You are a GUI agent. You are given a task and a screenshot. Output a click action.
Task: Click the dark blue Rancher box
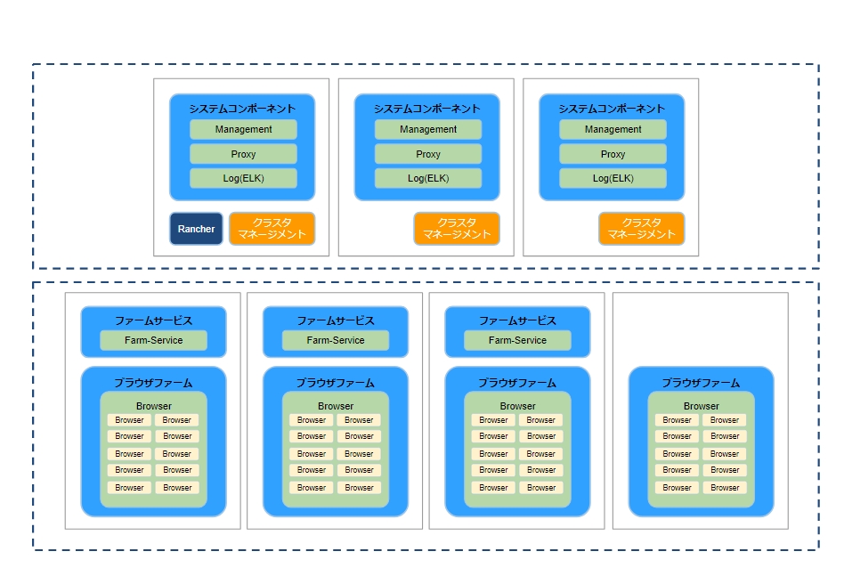point(196,229)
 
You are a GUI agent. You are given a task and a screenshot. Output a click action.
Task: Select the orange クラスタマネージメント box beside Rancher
point(272,229)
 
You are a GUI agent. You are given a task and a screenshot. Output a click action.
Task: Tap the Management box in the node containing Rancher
point(243,129)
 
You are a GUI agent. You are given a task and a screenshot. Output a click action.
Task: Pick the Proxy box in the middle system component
point(428,154)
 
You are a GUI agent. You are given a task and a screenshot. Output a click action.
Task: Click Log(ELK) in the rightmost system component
point(613,178)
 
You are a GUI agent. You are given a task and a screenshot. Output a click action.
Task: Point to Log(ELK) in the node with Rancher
point(243,178)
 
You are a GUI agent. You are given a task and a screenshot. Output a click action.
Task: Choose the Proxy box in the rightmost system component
point(613,154)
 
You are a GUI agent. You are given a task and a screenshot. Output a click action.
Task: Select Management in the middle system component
point(428,129)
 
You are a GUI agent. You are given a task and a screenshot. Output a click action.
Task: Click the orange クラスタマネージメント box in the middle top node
point(457,229)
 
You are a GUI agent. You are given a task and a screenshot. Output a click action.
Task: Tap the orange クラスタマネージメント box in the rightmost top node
point(641,229)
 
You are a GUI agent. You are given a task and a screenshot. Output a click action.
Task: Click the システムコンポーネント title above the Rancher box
point(242,109)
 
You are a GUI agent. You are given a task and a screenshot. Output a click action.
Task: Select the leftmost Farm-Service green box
point(154,340)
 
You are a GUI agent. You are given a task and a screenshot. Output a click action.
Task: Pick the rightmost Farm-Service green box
point(518,340)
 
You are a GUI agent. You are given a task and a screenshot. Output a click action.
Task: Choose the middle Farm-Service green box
point(336,340)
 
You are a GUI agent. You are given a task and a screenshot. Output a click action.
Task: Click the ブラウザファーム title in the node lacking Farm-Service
point(701,383)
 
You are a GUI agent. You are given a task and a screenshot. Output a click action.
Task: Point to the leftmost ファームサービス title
point(154,320)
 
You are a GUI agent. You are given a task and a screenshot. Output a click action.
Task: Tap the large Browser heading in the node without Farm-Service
point(701,406)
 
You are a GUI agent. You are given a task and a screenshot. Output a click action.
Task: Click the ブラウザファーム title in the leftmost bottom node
point(154,383)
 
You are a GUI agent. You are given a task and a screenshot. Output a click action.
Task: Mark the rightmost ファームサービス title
point(518,320)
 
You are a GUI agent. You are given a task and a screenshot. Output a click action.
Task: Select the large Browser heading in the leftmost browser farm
point(154,406)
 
